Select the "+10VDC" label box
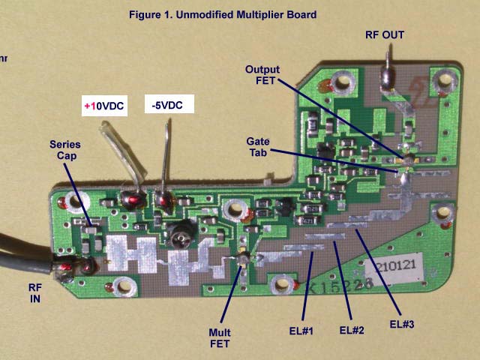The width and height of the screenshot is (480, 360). coord(104,106)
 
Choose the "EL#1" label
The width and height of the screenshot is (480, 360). coord(304,328)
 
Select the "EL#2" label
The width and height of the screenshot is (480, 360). coord(351,329)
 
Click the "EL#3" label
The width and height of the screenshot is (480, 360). coord(402,324)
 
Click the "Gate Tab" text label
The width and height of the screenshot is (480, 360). coord(259,146)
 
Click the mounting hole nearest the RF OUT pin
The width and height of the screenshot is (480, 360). coord(345,81)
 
